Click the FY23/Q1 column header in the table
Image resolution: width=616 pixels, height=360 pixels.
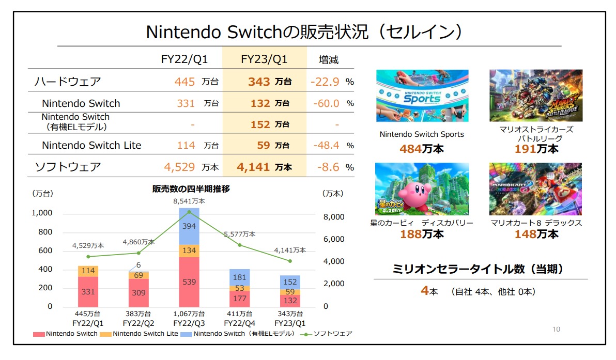pyautogui.click(x=264, y=59)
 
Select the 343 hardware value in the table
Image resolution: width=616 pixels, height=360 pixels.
pyautogui.click(x=259, y=82)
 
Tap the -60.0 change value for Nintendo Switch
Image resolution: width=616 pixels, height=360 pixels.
pyautogui.click(x=325, y=103)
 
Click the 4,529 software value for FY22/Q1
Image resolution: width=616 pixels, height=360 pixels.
pyautogui.click(x=179, y=167)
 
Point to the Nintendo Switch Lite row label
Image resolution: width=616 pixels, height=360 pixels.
pyautogui.click(x=91, y=146)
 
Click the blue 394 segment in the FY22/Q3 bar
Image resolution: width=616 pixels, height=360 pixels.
pyautogui.click(x=189, y=227)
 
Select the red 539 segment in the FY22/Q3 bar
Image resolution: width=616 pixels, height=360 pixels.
pyautogui.click(x=189, y=282)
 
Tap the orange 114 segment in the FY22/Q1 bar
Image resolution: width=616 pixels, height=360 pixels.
pyautogui.click(x=88, y=271)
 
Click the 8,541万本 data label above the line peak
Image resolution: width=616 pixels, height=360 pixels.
pyautogui.click(x=189, y=201)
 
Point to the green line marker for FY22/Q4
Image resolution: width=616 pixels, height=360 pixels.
pyautogui.click(x=239, y=245)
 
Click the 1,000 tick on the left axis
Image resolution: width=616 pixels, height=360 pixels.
pyautogui.click(x=42, y=213)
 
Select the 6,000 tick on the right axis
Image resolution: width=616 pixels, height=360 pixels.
pyautogui.click(x=333, y=239)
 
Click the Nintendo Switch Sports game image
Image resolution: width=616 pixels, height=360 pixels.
pyautogui.click(x=422, y=96)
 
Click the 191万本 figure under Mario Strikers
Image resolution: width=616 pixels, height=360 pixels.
pyautogui.click(x=536, y=149)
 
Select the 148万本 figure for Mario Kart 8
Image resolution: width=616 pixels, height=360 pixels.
pyautogui.click(x=536, y=234)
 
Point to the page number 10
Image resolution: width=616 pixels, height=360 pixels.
pyautogui.click(x=556, y=329)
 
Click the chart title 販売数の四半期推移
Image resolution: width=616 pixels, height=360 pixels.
pyautogui.click(x=191, y=190)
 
